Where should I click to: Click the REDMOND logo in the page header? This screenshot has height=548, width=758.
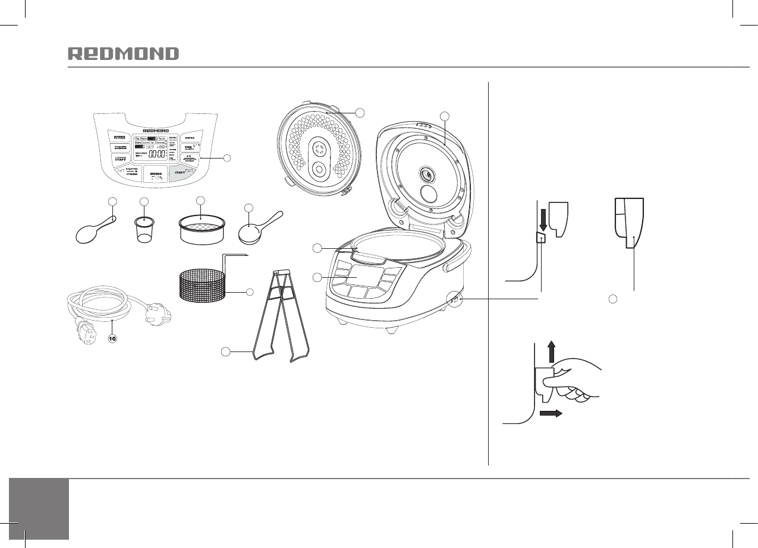(123, 54)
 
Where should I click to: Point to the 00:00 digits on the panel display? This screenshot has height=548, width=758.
(157, 154)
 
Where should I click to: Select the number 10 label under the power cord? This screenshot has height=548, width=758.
(113, 339)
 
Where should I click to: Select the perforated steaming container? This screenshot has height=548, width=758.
(202, 230)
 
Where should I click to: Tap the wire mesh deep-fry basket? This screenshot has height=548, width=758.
(203, 284)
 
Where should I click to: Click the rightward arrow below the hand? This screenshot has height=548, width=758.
(551, 414)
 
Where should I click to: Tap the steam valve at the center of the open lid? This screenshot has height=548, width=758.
(426, 175)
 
